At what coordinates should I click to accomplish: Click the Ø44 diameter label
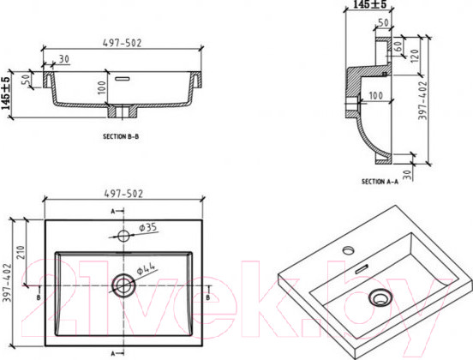(147, 268)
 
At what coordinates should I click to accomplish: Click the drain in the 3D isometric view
(377, 298)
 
